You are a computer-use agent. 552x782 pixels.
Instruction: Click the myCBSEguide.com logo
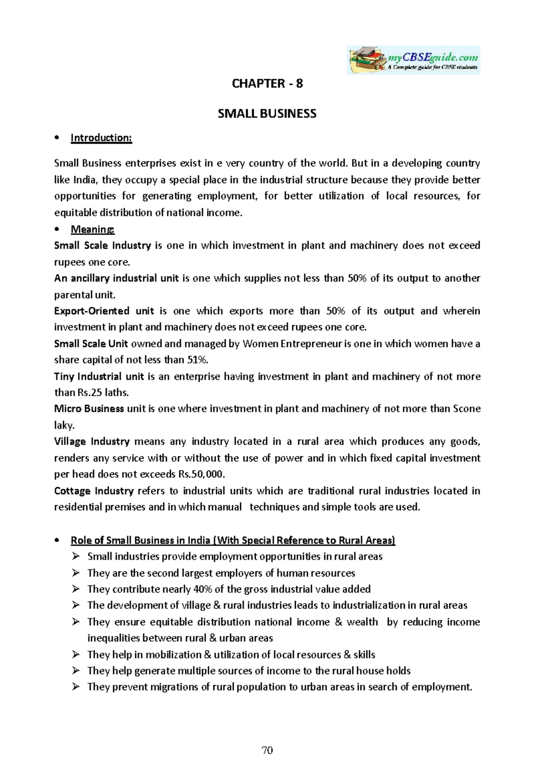coord(413,60)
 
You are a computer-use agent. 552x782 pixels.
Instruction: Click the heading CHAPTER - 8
coord(267,83)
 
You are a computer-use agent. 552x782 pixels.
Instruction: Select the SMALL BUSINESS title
coord(267,114)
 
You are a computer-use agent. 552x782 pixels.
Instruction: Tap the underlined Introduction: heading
coord(101,138)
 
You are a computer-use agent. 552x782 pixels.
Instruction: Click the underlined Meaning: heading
coord(92,229)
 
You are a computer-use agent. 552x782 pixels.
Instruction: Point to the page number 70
coord(267,750)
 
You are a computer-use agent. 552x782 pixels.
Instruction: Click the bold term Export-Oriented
coord(92,311)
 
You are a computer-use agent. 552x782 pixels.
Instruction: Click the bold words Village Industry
coord(92,442)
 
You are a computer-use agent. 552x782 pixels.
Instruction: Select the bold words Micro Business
coord(89,409)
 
